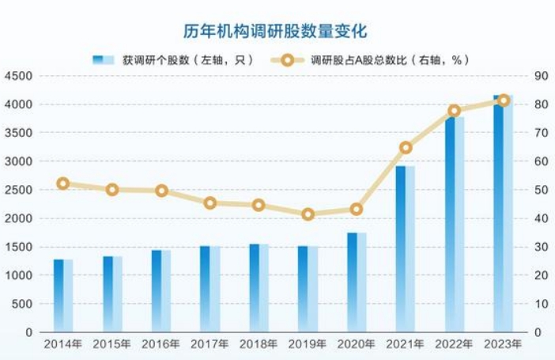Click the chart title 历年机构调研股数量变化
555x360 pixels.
pyautogui.click(x=277, y=30)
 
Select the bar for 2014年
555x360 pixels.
pyautogui.click(x=63, y=294)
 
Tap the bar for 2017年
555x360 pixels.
pyautogui.click(x=210, y=288)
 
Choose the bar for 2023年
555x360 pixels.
pyautogui.click(x=503, y=214)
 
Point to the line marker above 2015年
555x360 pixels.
pyautogui.click(x=112, y=190)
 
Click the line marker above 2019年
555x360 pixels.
pyautogui.click(x=308, y=214)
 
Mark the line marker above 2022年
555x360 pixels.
pyautogui.click(x=455, y=111)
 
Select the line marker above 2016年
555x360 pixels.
pyautogui.click(x=161, y=191)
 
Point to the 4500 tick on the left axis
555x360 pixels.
pyautogui.click(x=17, y=76)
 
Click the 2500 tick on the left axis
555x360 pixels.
pyautogui.click(x=17, y=190)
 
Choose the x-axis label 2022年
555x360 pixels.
pyautogui.click(x=454, y=344)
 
